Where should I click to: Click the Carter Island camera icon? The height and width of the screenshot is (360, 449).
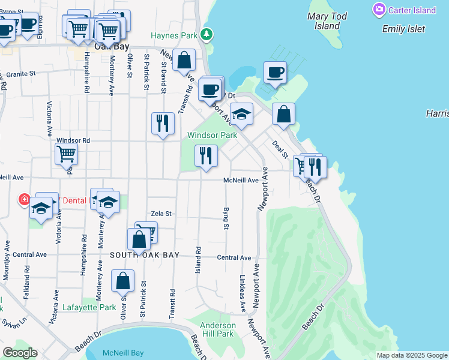tap(379, 10)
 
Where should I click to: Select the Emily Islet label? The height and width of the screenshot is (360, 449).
tap(403, 29)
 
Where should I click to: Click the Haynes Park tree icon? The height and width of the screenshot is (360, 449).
tap(206, 35)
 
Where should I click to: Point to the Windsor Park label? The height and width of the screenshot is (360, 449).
tap(212, 135)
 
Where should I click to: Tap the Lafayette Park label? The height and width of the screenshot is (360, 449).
tap(89, 308)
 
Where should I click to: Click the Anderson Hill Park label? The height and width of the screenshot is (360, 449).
tap(218, 329)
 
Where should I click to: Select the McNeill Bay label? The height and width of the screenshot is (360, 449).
tap(123, 353)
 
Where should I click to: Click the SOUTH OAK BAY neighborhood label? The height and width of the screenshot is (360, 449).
tap(145, 255)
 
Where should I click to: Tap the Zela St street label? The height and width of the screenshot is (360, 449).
tap(161, 213)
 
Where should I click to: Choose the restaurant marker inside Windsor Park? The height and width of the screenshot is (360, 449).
tap(206, 155)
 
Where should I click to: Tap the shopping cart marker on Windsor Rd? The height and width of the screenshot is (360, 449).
tap(66, 154)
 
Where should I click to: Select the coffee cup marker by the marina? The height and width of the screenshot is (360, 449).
tap(276, 73)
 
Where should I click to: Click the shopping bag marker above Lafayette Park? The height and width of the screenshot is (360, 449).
tap(122, 281)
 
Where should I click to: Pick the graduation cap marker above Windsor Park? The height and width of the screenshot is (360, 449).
tap(241, 114)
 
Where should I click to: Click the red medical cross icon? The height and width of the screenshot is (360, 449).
tap(24, 199)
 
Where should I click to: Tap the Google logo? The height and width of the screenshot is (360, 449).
tap(20, 353)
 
